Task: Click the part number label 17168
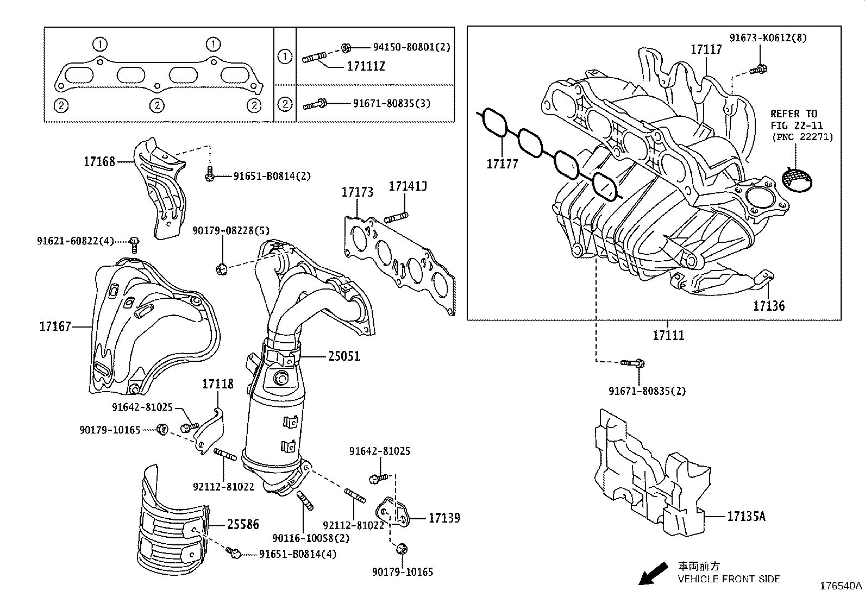click(x=99, y=161)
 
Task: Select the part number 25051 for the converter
click(x=343, y=356)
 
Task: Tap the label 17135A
click(x=746, y=517)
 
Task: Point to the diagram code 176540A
click(x=841, y=586)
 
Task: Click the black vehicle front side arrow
click(x=653, y=574)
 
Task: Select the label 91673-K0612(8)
click(x=768, y=38)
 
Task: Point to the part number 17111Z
click(x=366, y=66)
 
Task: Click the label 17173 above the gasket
click(x=357, y=192)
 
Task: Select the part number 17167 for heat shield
click(x=55, y=326)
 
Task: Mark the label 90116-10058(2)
click(x=311, y=538)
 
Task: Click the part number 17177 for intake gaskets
click(x=502, y=164)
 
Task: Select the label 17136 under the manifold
click(x=768, y=306)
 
